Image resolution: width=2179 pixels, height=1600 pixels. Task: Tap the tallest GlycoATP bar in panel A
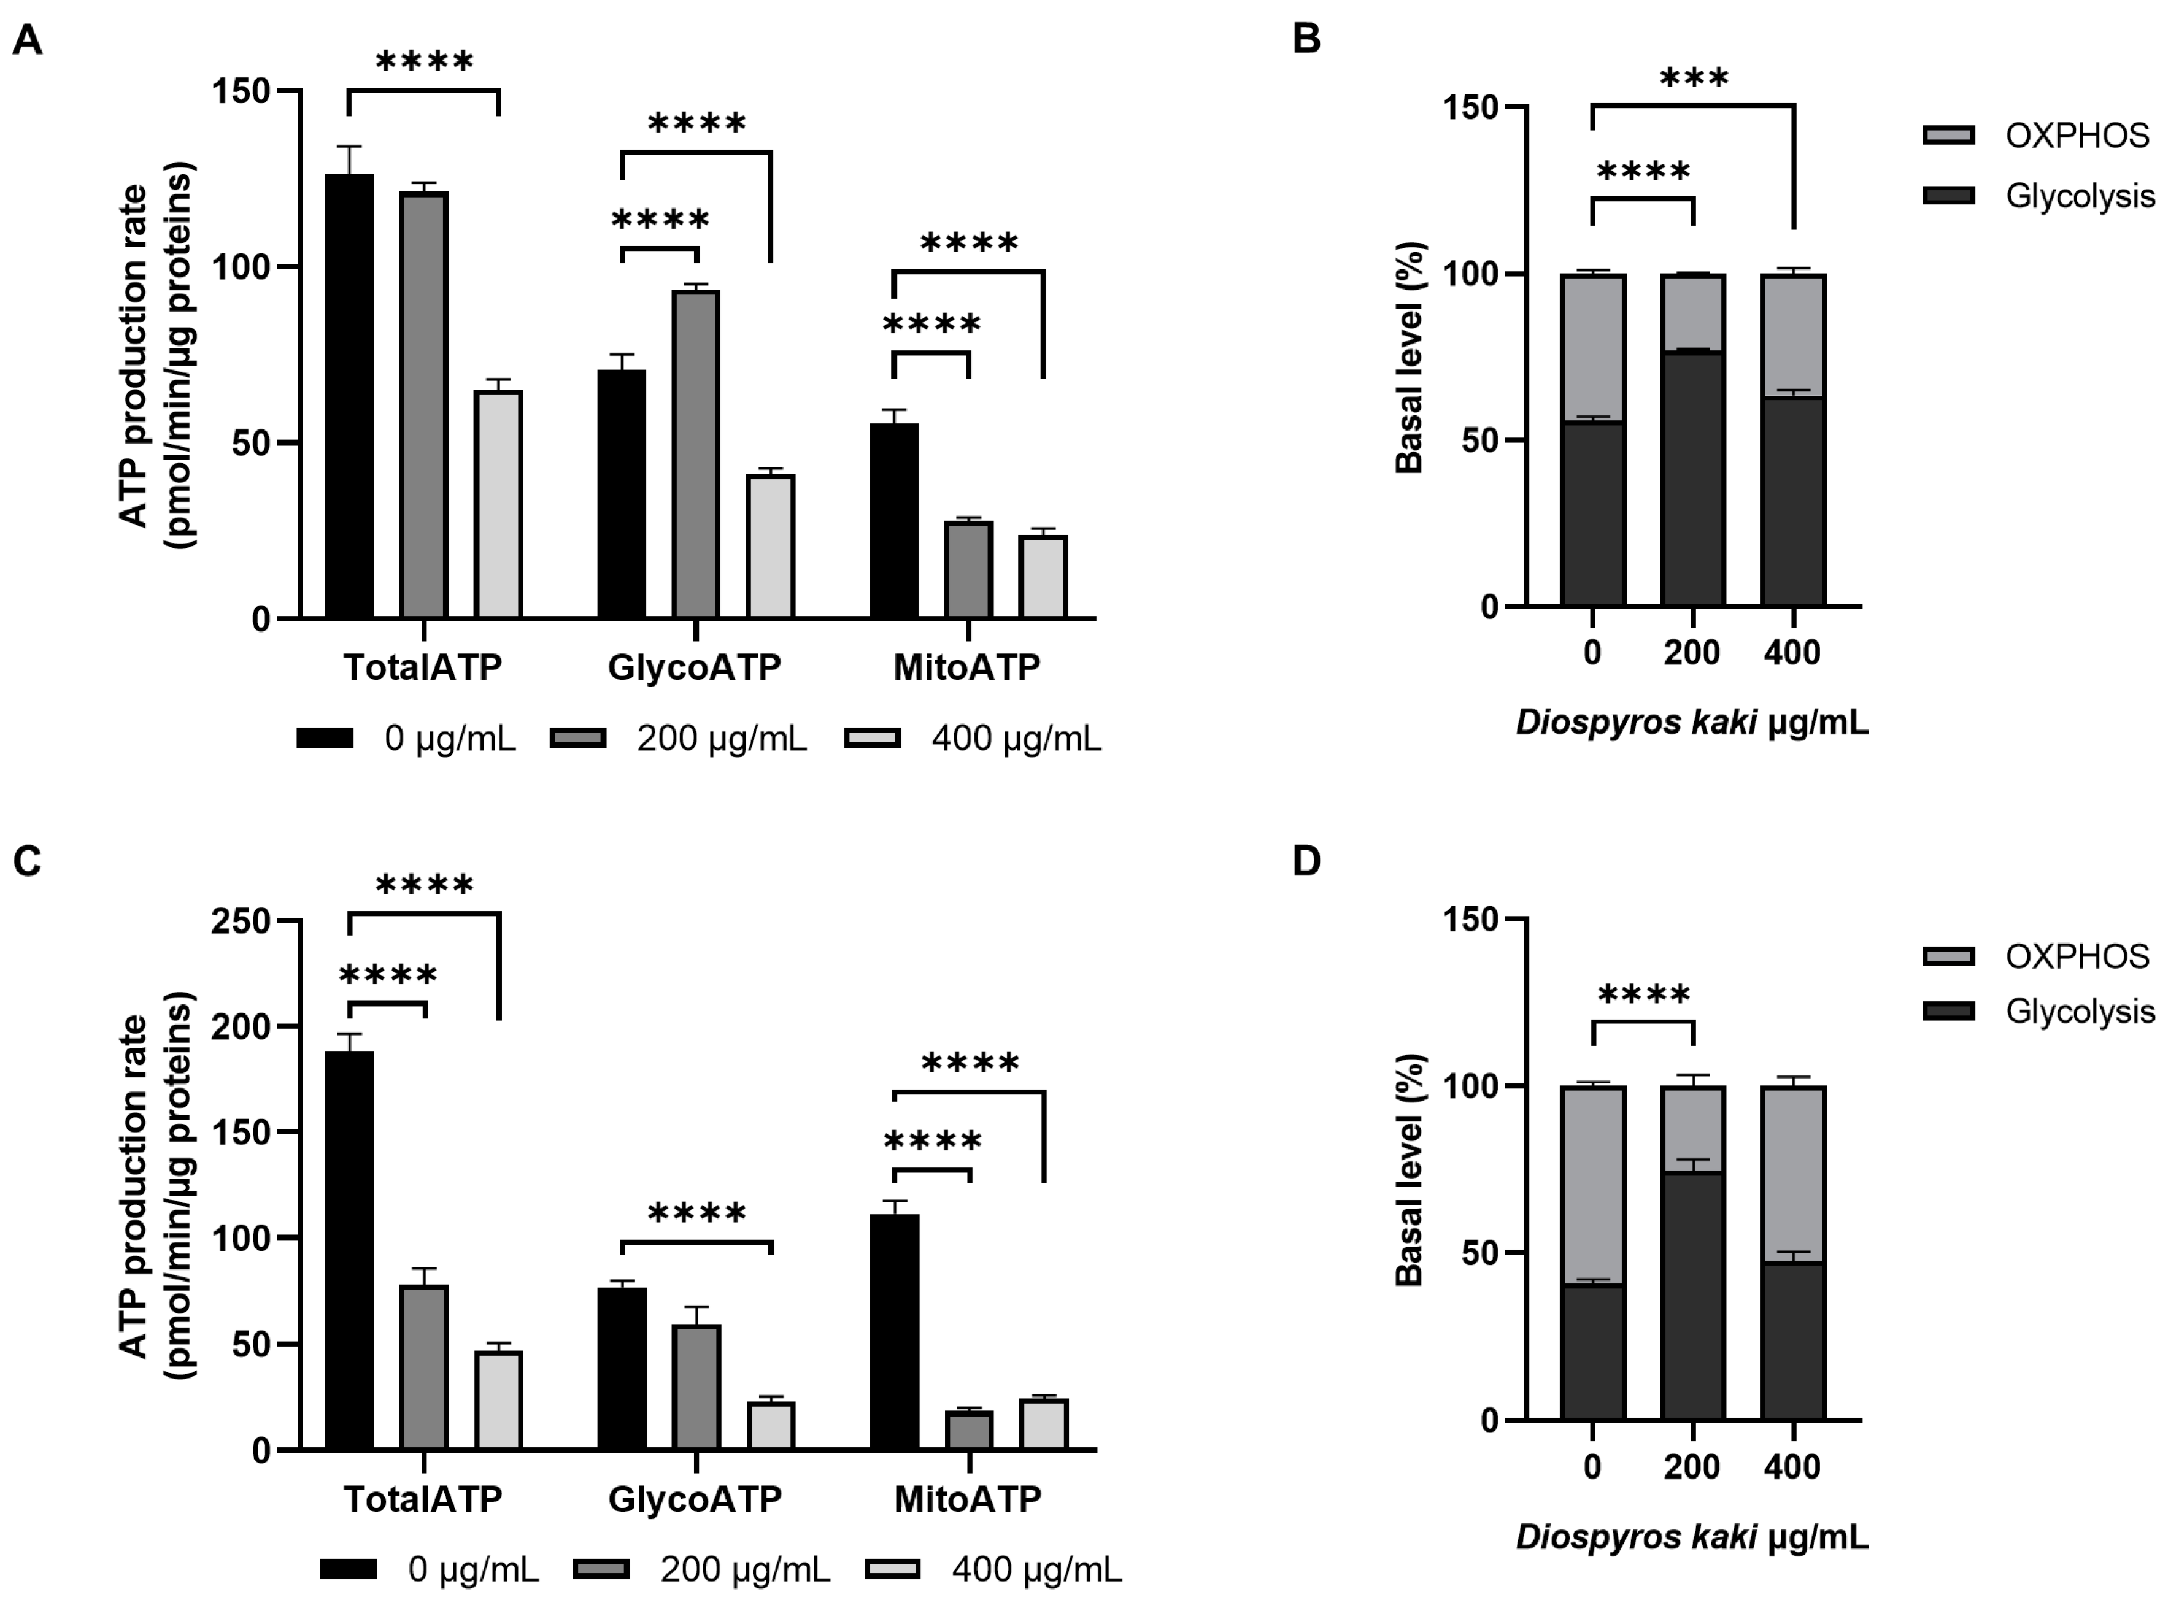[x=695, y=454]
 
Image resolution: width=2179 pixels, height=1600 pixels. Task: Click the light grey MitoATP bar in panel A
[x=1043, y=577]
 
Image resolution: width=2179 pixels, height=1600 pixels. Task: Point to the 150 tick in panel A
[x=242, y=91]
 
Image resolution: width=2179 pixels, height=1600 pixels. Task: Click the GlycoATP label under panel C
[x=695, y=1498]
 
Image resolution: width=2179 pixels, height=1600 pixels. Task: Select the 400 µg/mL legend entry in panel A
[x=973, y=738]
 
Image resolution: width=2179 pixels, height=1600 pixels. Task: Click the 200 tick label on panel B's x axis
[x=1692, y=653]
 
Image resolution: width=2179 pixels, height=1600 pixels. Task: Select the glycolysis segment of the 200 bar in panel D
[x=1693, y=1297]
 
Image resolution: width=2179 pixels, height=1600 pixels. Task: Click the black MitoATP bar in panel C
[x=894, y=1332]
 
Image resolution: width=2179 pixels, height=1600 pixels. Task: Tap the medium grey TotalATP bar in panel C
[x=424, y=1367]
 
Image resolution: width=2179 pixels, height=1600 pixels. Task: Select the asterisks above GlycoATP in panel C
[x=696, y=1213]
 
